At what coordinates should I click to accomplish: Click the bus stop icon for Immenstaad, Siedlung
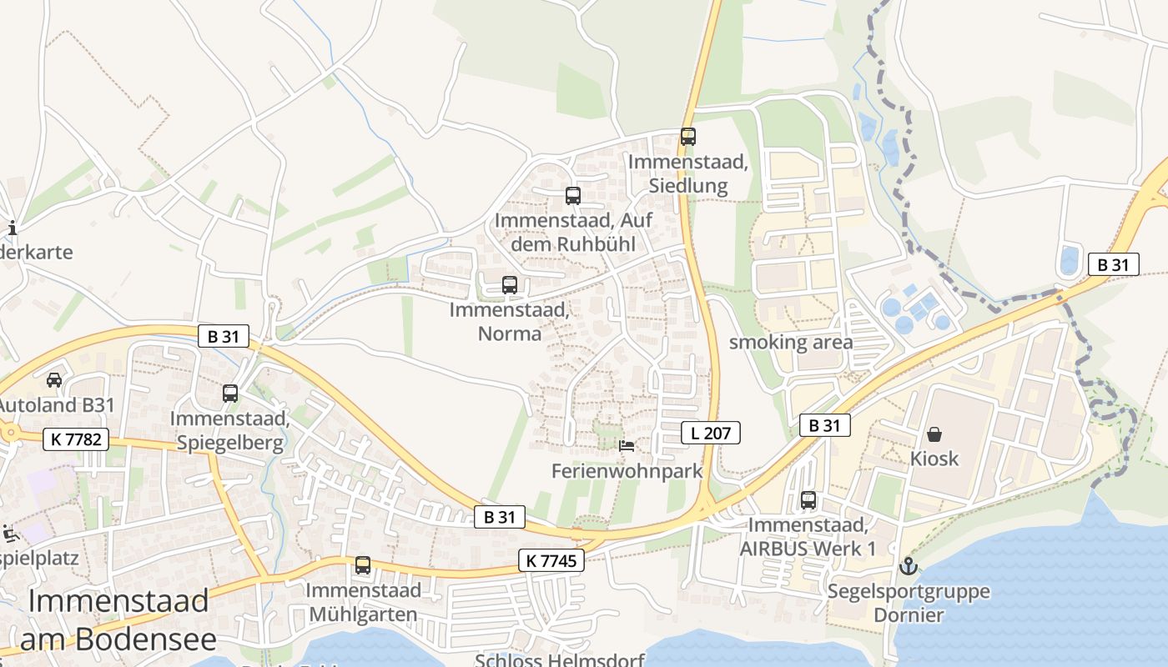[x=687, y=137]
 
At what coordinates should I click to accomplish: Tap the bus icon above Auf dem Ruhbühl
[x=572, y=196]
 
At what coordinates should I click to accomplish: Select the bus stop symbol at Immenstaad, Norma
[x=509, y=284]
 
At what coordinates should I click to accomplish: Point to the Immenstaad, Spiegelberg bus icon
[x=230, y=394]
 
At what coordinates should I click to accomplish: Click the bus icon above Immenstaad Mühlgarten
[x=362, y=565]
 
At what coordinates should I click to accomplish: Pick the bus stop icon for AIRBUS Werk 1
[x=808, y=500]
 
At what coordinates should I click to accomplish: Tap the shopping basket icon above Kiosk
[x=934, y=434]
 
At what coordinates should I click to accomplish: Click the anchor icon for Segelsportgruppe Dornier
[x=908, y=567]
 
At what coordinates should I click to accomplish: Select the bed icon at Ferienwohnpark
[x=626, y=446]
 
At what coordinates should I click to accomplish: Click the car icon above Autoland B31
[x=54, y=380]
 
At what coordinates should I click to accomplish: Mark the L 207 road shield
[x=710, y=433]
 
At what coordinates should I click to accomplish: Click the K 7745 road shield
[x=551, y=561]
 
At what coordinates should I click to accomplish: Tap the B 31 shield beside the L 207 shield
[x=824, y=425]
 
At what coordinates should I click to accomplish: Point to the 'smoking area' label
[x=791, y=343]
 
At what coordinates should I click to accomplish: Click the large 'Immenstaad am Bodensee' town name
[x=118, y=619]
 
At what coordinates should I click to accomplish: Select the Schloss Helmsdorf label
[x=560, y=659]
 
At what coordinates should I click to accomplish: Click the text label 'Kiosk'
[x=934, y=459]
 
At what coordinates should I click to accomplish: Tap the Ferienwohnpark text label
[x=627, y=471]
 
